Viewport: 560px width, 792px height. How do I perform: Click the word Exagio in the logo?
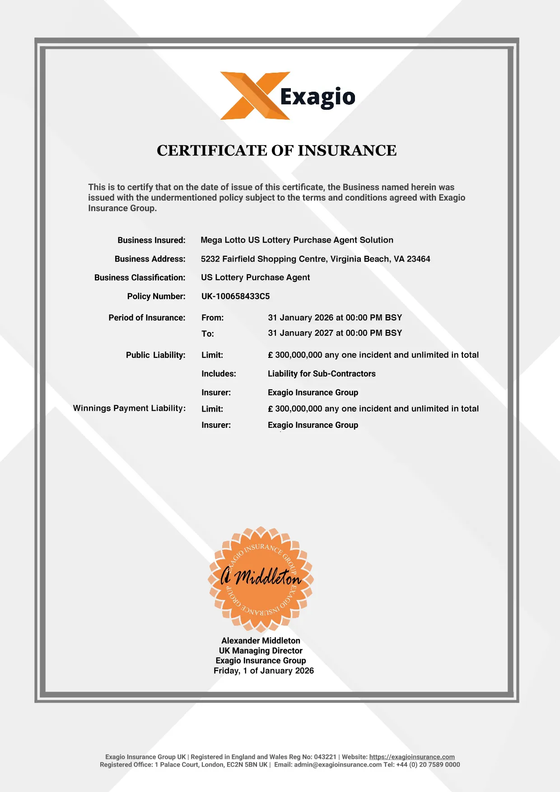click(x=317, y=97)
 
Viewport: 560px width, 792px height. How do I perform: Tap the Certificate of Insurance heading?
click(x=276, y=150)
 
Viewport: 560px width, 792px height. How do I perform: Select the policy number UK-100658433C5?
click(x=235, y=296)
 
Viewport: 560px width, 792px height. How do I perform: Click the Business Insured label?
click(x=151, y=240)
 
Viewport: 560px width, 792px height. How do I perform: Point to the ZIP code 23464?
click(x=418, y=259)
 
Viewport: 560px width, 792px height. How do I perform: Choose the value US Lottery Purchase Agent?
click(x=255, y=277)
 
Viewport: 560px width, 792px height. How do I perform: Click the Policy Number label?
click(x=156, y=296)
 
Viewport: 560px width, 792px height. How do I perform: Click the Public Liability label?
click(x=155, y=355)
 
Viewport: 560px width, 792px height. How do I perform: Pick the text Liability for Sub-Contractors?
click(x=322, y=374)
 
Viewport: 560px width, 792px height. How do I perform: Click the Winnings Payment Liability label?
click(x=129, y=408)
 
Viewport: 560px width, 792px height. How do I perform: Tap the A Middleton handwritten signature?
click(x=261, y=577)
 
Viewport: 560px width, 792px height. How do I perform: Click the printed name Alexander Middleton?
click(x=261, y=641)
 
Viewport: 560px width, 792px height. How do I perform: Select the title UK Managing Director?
click(x=261, y=651)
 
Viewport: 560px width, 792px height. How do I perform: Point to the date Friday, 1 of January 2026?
click(x=263, y=671)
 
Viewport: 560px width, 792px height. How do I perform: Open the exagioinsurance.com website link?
click(x=412, y=757)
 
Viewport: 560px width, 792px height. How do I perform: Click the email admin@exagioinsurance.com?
click(x=338, y=764)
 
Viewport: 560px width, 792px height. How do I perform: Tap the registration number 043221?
click(x=325, y=757)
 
